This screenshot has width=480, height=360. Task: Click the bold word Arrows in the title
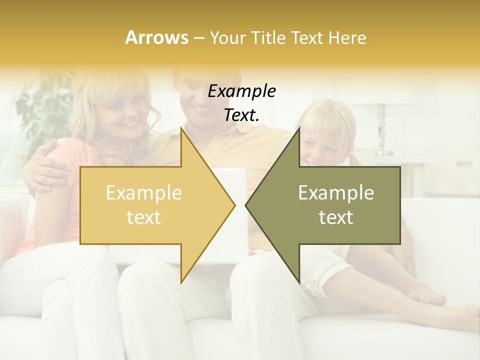point(157,37)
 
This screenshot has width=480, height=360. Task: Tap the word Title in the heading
point(267,38)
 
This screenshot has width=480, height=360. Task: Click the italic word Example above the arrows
point(241,91)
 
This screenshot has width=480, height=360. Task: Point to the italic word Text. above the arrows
point(241,115)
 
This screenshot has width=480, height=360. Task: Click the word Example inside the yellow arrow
point(143,193)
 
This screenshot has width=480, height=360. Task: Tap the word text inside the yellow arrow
point(143,217)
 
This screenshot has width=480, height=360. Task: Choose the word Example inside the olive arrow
point(336,193)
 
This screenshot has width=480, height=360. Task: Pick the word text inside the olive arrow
point(336,217)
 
